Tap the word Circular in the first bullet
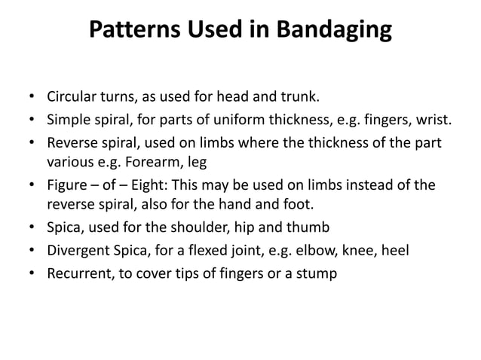72,99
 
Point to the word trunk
299,99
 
